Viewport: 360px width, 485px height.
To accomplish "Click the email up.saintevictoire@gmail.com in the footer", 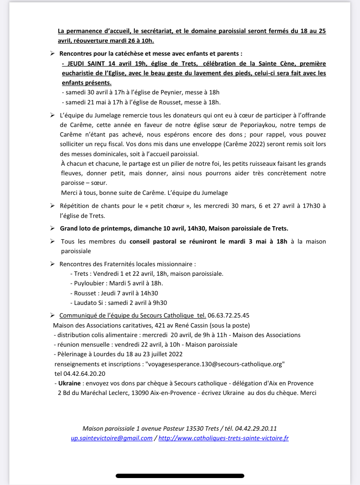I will point(112,438).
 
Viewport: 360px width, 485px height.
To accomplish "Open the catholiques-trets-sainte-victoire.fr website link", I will point(223,438).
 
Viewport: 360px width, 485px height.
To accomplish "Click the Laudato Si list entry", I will point(118,303).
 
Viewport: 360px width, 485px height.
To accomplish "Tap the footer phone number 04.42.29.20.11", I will point(256,428).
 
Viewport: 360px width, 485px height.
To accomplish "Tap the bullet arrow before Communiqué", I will point(52,315).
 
